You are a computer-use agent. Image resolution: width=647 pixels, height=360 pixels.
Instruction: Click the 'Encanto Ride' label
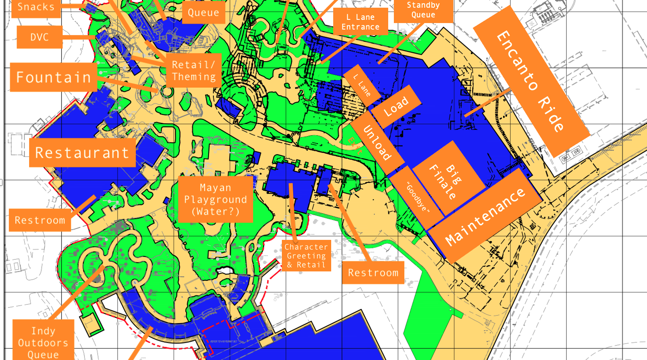click(x=530, y=81)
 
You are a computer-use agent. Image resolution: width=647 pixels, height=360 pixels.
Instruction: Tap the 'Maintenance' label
click(x=485, y=216)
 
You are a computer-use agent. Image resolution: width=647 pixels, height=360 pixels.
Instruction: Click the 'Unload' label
click(x=377, y=142)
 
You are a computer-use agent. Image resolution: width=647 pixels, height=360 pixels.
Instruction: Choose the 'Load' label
click(x=396, y=106)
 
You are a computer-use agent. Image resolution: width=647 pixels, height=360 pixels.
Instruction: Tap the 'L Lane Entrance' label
click(x=360, y=22)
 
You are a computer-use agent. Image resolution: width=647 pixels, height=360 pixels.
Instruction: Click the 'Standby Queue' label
click(x=423, y=10)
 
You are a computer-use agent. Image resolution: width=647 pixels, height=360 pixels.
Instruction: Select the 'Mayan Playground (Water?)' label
click(x=215, y=199)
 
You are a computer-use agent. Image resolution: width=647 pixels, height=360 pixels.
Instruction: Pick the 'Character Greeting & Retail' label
click(x=306, y=256)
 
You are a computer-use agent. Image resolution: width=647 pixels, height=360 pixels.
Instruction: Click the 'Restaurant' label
click(x=82, y=153)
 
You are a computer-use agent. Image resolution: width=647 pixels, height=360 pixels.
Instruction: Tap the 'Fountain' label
click(x=53, y=77)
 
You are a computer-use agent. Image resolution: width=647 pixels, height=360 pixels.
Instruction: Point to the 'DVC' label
click(x=40, y=37)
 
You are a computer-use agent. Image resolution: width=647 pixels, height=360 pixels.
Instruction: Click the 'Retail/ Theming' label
click(x=194, y=70)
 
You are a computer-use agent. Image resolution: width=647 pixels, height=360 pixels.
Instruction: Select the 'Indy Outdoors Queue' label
click(x=43, y=342)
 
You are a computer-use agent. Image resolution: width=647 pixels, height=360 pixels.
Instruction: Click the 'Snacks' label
click(x=36, y=7)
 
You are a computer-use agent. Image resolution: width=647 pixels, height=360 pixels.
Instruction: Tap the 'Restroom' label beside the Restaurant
click(x=40, y=220)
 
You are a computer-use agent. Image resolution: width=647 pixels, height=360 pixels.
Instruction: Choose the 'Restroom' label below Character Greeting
click(x=373, y=273)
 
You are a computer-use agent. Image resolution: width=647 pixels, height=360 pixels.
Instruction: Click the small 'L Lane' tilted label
click(x=362, y=85)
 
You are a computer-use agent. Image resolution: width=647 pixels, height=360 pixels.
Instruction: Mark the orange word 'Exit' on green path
click(x=355, y=146)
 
